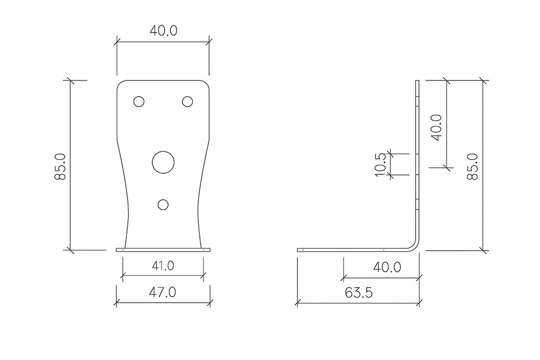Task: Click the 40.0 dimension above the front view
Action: pyautogui.click(x=163, y=30)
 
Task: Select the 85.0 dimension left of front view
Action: pyautogui.click(x=60, y=167)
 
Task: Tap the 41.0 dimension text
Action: pyautogui.click(x=163, y=266)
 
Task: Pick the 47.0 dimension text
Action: pyautogui.click(x=163, y=293)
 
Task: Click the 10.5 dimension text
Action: pyautogui.click(x=380, y=165)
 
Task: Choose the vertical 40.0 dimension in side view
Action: pyautogui.click(x=436, y=127)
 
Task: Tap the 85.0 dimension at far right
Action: pyautogui.click(x=472, y=167)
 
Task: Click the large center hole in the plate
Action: pyautogui.click(x=163, y=162)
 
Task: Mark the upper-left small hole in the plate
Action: pyautogui.click(x=139, y=101)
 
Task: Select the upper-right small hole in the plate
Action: pyautogui.click(x=187, y=101)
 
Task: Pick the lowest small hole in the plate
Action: pyautogui.click(x=163, y=203)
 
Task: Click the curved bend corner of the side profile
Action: pyautogui.click(x=415, y=246)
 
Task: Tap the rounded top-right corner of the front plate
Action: pyautogui.click(x=206, y=84)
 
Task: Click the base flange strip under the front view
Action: pyautogui.click(x=163, y=250)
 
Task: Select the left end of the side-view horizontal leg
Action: pyautogui.click(x=299, y=250)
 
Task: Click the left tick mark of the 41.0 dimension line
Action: pyautogui.click(x=123, y=276)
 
